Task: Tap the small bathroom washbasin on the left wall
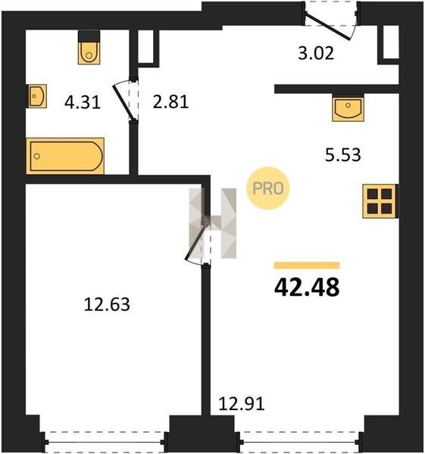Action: coord(36,96)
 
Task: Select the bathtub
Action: coord(65,156)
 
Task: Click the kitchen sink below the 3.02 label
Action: coord(348,107)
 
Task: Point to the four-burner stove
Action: coord(380,201)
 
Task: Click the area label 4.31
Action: coord(83,102)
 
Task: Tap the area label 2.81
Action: coord(170,102)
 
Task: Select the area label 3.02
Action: coord(316,53)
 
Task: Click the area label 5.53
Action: coord(343,154)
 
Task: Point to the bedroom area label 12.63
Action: coord(107,305)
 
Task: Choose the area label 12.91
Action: coord(242,404)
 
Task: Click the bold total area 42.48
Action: coord(307,288)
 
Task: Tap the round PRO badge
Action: coord(268,188)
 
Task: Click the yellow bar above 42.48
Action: coord(307,266)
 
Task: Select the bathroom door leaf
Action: coord(123,102)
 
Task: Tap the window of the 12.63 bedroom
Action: coord(105,442)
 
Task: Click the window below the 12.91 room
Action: coord(300,442)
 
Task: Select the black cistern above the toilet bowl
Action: coord(89,36)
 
